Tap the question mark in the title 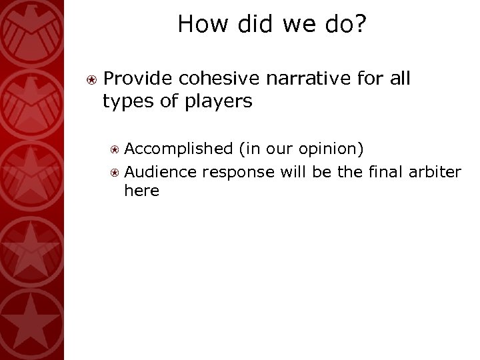[x=361, y=25]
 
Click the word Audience [x=160, y=172]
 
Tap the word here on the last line [x=142, y=191]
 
